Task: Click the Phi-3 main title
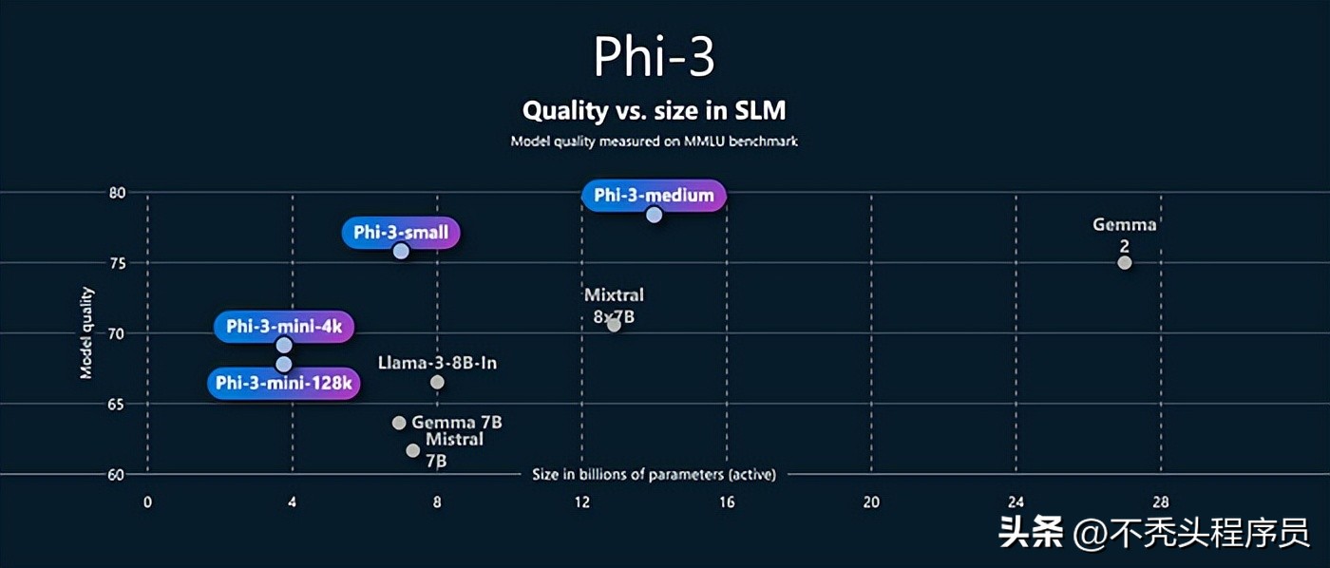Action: [x=654, y=57]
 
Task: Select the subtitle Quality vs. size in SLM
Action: [x=654, y=110]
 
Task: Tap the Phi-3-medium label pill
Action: [x=654, y=196]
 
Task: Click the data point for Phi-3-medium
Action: [x=654, y=215]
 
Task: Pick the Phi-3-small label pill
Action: [x=401, y=233]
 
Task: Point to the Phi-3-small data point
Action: [x=401, y=251]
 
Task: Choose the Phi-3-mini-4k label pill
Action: [x=284, y=327]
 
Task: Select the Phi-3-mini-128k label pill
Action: [x=284, y=383]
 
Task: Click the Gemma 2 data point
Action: [x=1125, y=262]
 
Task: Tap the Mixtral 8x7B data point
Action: [x=614, y=325]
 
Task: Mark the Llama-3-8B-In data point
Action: [x=437, y=382]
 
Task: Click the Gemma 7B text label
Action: [x=457, y=422]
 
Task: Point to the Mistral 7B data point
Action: [x=412, y=450]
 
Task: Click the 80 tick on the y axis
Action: [x=117, y=192]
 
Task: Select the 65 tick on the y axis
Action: [x=117, y=404]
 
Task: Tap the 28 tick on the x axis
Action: [x=1161, y=502]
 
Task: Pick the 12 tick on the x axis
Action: [x=581, y=502]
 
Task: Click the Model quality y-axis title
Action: [x=86, y=332]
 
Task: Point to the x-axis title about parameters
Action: [x=654, y=474]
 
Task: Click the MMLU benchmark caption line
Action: [x=654, y=141]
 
